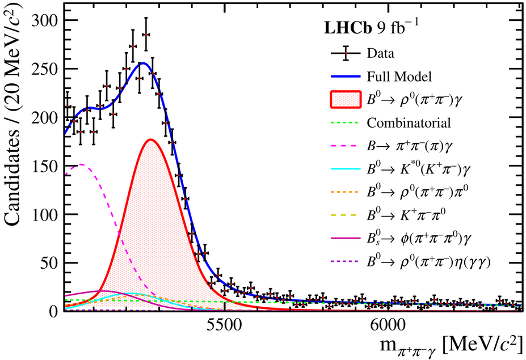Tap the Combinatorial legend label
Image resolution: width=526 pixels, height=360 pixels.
[409, 122]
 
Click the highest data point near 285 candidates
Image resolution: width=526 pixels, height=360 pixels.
[146, 35]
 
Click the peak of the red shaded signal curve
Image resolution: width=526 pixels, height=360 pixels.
[150, 139]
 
